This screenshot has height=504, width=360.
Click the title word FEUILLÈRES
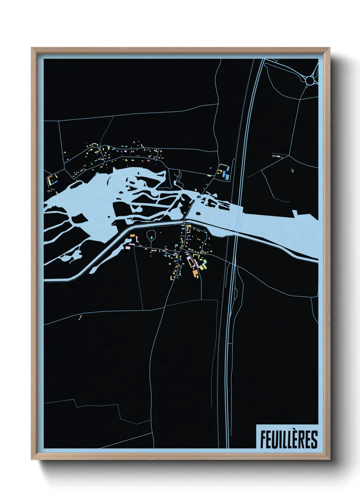tap(289, 439)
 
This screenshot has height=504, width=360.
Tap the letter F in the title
tap(263, 439)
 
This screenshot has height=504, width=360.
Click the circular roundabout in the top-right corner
tap(310, 80)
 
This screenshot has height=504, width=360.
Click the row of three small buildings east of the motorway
tap(277, 156)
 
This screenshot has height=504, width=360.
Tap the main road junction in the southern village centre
tap(184, 250)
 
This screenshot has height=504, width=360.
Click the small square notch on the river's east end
tap(295, 214)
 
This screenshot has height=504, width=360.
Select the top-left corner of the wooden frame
tap(32, 48)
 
